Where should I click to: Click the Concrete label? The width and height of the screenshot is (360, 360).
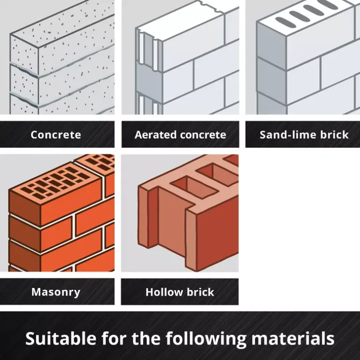pos(56,135)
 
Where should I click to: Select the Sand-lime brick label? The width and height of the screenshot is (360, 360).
pos(304,135)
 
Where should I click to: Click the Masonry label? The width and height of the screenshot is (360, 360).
pos(56,292)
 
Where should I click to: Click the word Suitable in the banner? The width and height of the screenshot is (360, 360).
pos(61,338)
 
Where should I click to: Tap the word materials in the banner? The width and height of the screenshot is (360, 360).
pos(293,338)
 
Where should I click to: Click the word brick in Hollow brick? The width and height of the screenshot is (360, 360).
pos(200,292)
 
